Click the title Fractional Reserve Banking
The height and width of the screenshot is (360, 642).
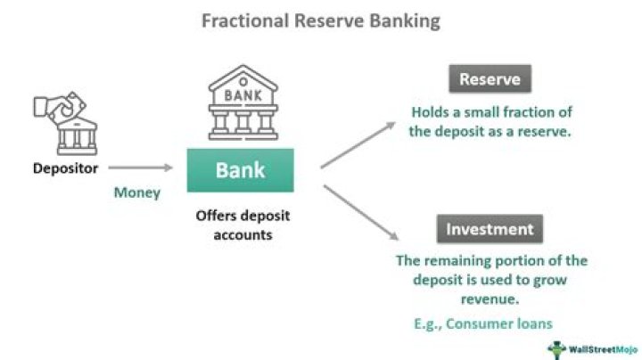(320, 20)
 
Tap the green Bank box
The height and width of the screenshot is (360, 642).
(239, 170)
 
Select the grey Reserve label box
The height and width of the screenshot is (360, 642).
(490, 80)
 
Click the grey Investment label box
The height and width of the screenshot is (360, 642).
(490, 229)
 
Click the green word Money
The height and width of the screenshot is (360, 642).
(136, 192)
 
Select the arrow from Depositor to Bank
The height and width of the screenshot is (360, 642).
(140, 168)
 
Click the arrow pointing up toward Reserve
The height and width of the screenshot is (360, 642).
(358, 143)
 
